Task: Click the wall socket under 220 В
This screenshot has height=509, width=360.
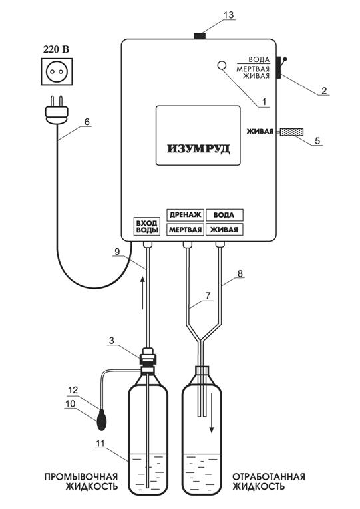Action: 57,71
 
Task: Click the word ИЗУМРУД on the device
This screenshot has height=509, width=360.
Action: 198,149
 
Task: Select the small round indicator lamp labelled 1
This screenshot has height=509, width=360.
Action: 222,65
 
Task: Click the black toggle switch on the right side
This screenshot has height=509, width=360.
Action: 279,67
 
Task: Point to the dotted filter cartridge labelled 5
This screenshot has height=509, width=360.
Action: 291,132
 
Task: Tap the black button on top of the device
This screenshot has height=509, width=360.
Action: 200,35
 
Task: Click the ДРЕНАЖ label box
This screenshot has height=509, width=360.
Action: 186,214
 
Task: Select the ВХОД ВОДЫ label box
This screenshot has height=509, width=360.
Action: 146,226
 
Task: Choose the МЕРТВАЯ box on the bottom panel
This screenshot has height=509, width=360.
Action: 186,230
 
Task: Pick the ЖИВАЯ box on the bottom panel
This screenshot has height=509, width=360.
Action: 224,230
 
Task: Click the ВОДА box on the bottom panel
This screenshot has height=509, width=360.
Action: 224,214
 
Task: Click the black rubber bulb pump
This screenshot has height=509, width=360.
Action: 102,421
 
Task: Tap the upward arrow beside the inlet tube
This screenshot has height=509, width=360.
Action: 142,293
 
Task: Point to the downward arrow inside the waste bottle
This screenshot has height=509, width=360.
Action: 212,413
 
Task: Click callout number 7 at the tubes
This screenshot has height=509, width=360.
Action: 208,295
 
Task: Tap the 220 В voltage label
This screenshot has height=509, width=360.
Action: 57,50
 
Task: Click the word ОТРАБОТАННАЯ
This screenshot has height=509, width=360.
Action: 268,476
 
